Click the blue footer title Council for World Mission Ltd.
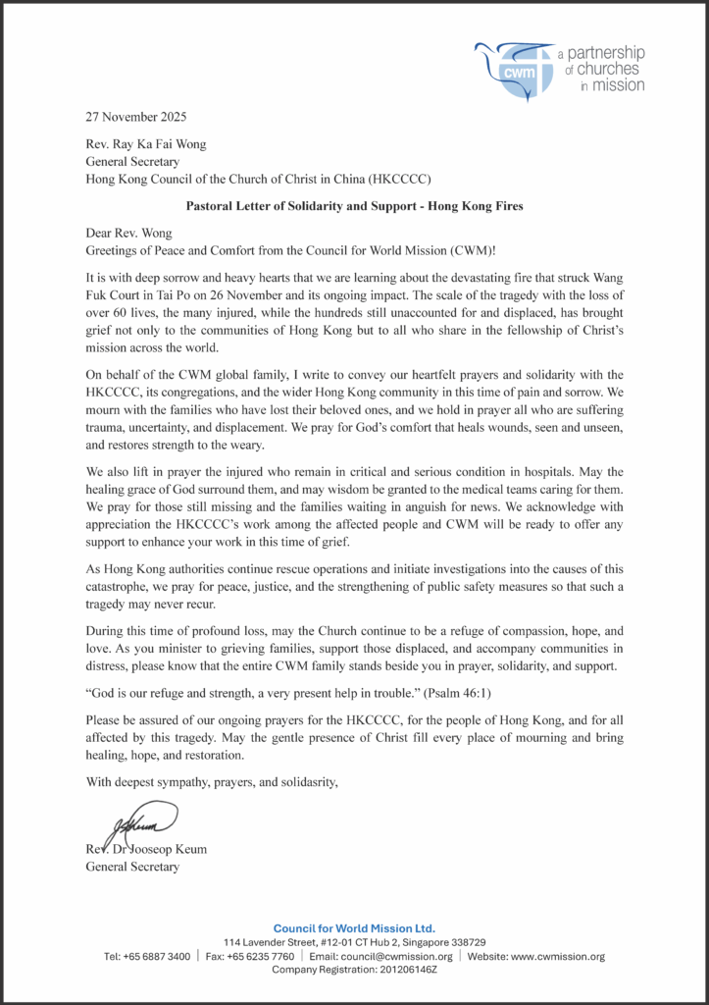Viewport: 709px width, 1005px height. coord(354,928)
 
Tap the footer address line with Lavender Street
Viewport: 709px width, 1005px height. coord(354,942)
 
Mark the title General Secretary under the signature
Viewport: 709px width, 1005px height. coord(133,867)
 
